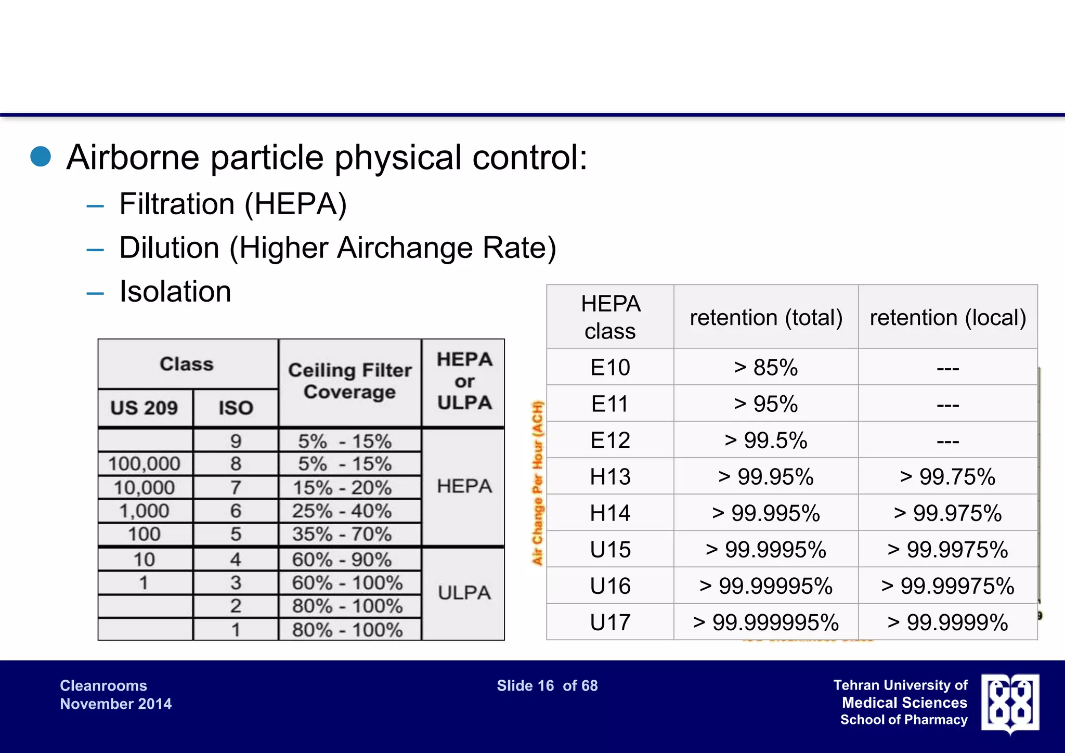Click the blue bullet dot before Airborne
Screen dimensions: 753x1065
pos(41,157)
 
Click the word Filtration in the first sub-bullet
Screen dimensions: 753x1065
pos(176,204)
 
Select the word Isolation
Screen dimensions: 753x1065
pos(175,291)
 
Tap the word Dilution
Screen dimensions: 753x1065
pos(169,248)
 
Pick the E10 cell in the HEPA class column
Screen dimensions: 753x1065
pos(610,368)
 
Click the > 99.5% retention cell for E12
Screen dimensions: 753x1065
pos(765,440)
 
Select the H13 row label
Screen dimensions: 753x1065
pos(610,477)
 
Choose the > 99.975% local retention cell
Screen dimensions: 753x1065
pos(947,513)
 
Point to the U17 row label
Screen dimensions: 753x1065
pos(610,622)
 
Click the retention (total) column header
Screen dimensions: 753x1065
pos(765,317)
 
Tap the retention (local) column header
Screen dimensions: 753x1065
pos(947,317)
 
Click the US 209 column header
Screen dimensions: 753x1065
pos(144,408)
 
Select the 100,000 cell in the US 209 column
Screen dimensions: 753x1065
pos(144,464)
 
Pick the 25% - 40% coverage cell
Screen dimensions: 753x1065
pos(342,511)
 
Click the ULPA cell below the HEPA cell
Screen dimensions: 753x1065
pos(464,593)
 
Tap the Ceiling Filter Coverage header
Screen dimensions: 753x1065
pos(349,381)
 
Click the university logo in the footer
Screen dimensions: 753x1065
pos(1010,703)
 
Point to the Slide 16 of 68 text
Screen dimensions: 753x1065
pos(547,686)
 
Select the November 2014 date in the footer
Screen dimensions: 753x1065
pos(115,704)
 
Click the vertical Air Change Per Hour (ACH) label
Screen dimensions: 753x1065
pos(537,483)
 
